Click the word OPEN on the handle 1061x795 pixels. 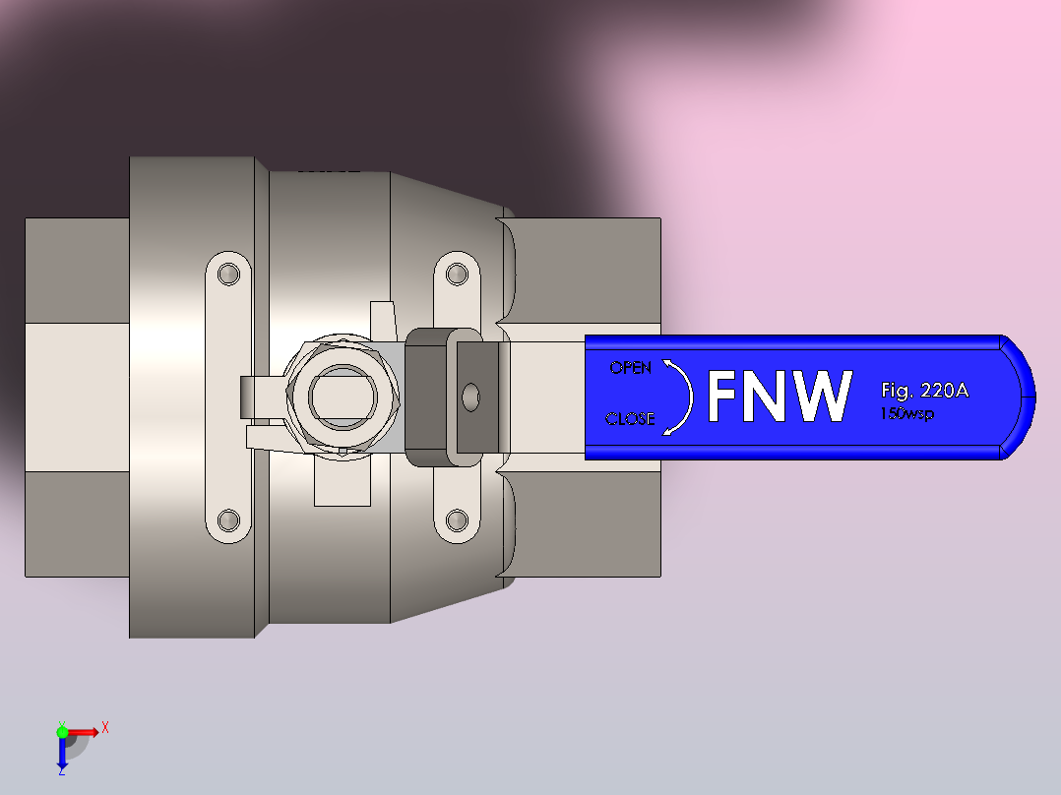point(630,368)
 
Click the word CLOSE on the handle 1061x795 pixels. point(630,418)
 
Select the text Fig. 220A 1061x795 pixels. point(924,391)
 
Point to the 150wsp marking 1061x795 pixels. point(906,413)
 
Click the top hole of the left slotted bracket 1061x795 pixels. point(229,274)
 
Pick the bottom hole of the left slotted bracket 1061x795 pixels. point(229,519)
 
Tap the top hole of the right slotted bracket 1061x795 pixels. point(456,273)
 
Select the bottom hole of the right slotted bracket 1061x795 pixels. point(456,519)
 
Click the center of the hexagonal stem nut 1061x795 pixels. point(343,397)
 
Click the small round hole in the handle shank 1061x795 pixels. point(472,397)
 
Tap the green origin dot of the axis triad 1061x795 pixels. point(62,731)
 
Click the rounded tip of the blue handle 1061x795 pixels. point(1024,397)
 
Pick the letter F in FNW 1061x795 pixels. point(723,397)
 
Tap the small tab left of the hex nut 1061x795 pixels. point(260,397)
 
